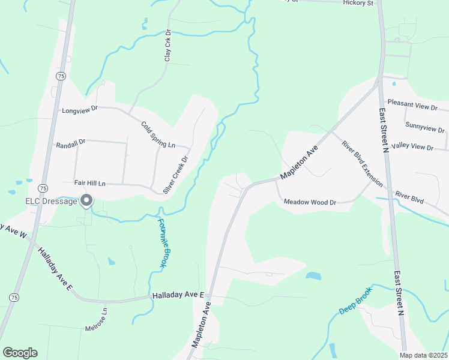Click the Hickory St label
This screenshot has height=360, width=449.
tap(358, 3)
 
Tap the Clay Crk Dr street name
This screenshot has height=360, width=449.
tap(168, 46)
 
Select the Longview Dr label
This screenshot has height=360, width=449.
tap(79, 110)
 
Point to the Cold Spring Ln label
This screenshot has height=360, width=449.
tap(158, 135)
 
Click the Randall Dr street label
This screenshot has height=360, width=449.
tap(71, 145)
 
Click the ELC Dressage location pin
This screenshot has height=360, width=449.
tap(87, 200)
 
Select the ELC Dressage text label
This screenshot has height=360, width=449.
tap(51, 202)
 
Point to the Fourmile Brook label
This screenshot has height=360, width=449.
tap(164, 242)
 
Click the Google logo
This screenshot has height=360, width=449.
tap(20, 353)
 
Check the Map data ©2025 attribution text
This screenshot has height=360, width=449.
tap(423, 355)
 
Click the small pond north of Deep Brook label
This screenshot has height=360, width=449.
tap(313, 276)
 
